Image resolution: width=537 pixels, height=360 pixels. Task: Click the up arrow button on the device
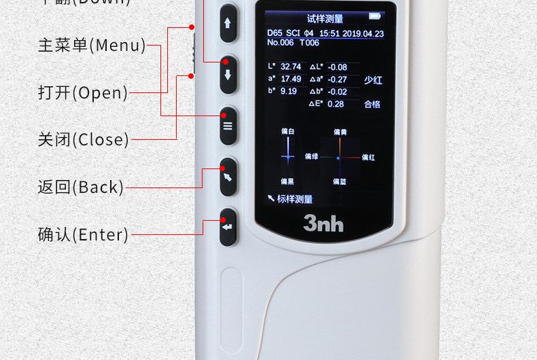228,22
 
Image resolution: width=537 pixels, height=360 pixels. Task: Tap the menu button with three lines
228,126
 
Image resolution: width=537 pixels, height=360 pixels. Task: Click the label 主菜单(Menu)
92,46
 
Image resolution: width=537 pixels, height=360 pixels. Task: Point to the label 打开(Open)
83,92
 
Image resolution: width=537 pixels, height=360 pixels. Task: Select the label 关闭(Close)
83,140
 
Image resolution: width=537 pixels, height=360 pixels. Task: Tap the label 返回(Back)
81,187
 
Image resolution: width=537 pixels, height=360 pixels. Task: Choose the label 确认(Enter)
83,234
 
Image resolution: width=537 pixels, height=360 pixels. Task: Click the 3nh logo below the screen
323,222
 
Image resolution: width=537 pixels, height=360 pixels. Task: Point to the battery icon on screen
375,16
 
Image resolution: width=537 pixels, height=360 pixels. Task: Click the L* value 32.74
290,67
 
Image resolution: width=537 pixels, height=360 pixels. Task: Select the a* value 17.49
290,79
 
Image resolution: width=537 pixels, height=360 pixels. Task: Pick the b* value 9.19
288,91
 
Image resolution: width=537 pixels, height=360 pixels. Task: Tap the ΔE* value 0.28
336,104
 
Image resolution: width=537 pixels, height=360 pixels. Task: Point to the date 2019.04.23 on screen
364,33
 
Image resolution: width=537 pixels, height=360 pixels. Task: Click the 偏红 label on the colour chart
368,158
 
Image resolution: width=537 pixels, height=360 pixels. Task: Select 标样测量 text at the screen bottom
294,199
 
